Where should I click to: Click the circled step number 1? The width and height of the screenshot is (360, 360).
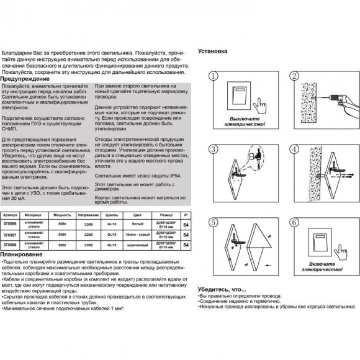pyautogui.click(x=212, y=76)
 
